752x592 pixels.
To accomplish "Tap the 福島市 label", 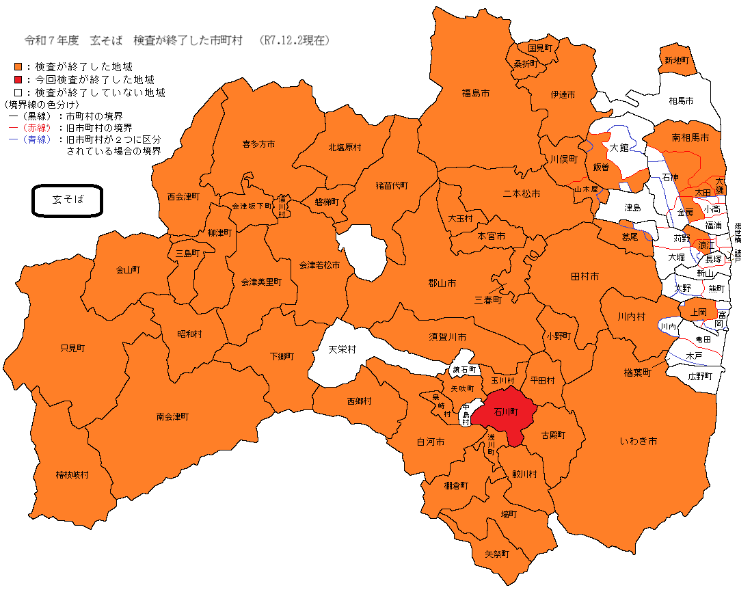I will click(x=475, y=92).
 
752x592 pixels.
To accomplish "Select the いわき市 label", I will click(x=638, y=442).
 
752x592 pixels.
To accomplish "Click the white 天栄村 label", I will click(x=342, y=349).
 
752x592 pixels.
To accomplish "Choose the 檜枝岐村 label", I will click(x=72, y=474).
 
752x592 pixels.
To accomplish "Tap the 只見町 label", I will click(x=72, y=348).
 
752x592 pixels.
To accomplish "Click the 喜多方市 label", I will click(x=258, y=144).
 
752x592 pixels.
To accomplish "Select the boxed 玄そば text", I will click(x=68, y=200).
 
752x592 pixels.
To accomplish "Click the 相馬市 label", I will click(x=681, y=100).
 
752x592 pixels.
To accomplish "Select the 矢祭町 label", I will click(x=497, y=554).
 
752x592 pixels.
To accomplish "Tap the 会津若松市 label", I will click(x=319, y=264).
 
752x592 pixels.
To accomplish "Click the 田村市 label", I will click(x=585, y=276).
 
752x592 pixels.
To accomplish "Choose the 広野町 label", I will click(x=700, y=377).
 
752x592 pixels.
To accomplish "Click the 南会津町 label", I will click(x=172, y=416).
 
